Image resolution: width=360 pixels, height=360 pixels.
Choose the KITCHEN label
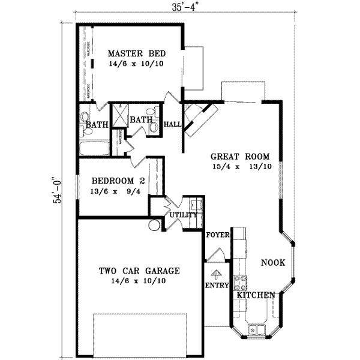tap(256, 295)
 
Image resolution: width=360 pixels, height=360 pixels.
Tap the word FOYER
tap(218, 235)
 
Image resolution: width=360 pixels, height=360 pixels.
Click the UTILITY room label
tap(184, 214)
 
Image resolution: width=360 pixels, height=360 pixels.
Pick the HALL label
tap(173, 124)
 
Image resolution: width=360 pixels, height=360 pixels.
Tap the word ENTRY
tap(217, 286)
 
